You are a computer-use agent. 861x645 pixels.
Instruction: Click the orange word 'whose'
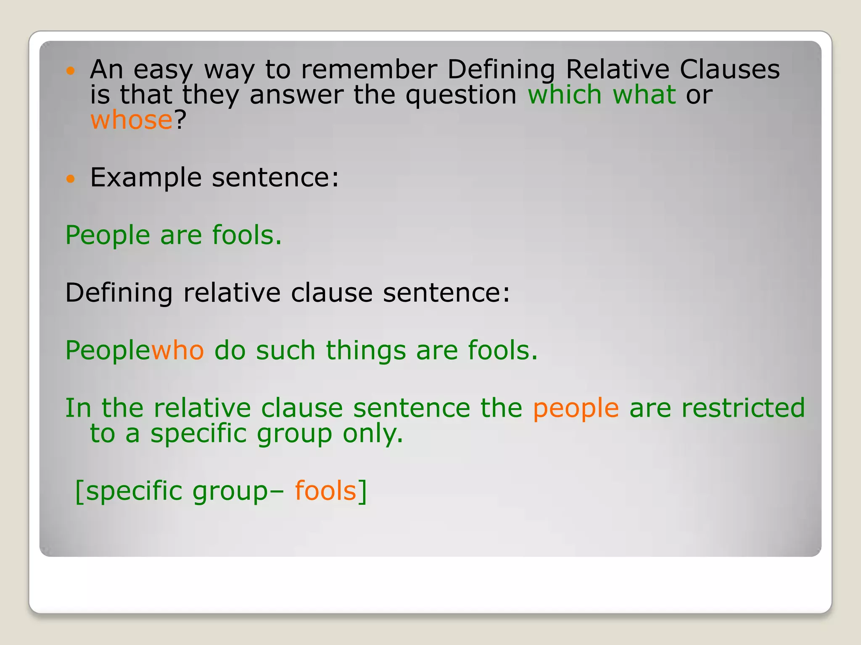pyautogui.click(x=131, y=120)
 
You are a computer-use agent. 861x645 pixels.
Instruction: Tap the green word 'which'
pyautogui.click(x=565, y=94)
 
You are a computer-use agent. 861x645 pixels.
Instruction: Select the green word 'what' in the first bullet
pyautogui.click(x=644, y=94)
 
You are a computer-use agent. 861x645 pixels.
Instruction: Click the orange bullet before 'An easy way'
pyautogui.click(x=71, y=71)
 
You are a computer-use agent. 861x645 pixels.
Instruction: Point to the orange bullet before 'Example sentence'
pyautogui.click(x=71, y=179)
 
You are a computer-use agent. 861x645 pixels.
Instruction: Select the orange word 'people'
pyautogui.click(x=576, y=408)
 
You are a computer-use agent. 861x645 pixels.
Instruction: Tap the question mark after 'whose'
pyautogui.click(x=180, y=120)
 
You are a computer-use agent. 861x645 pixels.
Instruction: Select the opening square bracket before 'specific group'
pyautogui.click(x=79, y=491)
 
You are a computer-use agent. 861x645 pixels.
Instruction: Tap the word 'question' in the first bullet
pyautogui.click(x=461, y=95)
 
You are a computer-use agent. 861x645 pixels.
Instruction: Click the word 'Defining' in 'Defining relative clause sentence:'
pyautogui.click(x=119, y=293)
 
